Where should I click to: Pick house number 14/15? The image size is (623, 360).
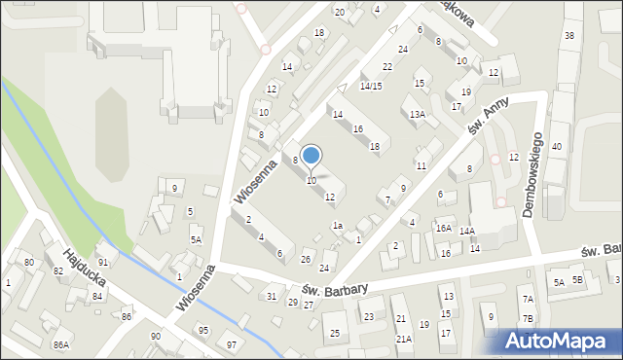click(370, 87)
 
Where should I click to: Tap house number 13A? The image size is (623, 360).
click(417, 115)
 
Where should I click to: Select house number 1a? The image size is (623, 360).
click(337, 226)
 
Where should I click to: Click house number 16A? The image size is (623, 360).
click(444, 229)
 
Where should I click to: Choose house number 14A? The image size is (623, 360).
click(467, 231)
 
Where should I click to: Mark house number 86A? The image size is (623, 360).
click(61, 344)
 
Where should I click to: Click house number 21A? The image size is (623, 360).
click(403, 339)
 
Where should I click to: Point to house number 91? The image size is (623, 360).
click(102, 263)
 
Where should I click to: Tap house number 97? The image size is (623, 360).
click(231, 345)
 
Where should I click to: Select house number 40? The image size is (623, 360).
click(557, 146)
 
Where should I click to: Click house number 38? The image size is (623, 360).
click(568, 36)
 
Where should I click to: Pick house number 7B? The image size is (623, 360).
click(528, 318)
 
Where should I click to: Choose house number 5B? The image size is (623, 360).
click(577, 280)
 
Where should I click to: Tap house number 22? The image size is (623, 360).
click(386, 66)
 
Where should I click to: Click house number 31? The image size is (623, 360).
click(272, 296)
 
